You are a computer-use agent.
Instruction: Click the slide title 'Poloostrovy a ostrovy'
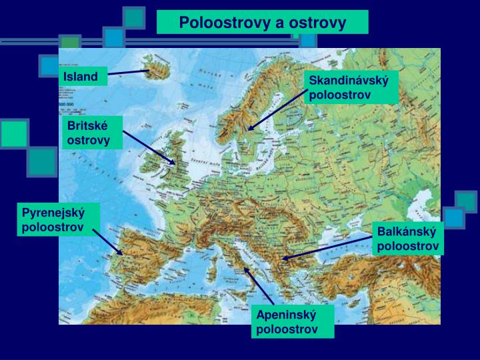pos(262,23)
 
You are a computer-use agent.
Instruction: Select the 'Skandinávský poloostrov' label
pos(351,87)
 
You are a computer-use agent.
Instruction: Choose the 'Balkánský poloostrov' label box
pos(407,239)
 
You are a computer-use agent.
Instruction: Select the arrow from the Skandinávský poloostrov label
pos(277,107)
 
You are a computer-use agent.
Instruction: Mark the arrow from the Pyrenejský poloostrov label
pos(107,242)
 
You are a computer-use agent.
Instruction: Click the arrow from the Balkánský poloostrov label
pos(327,248)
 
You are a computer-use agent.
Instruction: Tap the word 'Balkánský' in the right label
pos(407,233)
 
